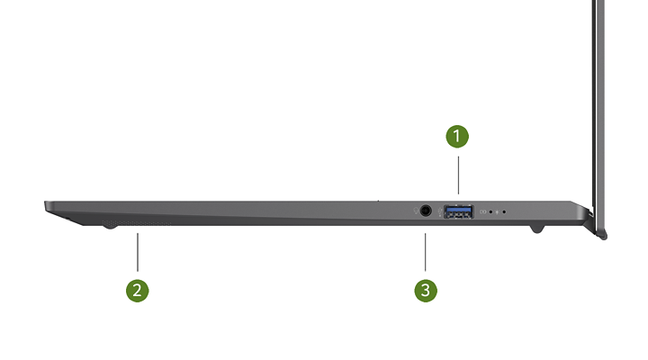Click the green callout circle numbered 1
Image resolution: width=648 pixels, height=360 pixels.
[457, 137]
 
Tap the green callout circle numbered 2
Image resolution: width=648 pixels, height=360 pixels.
[137, 291]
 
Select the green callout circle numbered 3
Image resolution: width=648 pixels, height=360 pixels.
[426, 291]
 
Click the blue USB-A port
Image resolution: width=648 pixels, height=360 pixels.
[459, 211]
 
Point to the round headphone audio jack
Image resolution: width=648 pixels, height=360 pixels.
[426, 211]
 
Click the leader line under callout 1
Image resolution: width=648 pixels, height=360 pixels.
[458, 175]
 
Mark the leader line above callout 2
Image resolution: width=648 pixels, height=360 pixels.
[138, 252]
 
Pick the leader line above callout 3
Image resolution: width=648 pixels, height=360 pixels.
[425, 252]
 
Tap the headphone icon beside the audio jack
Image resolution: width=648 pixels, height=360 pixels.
[416, 211]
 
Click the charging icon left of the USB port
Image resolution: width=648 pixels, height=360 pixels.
[440, 211]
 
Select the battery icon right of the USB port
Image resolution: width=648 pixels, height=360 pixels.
[482, 212]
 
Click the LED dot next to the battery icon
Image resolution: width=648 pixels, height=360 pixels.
[490, 212]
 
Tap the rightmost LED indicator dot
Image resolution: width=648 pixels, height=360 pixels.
[504, 212]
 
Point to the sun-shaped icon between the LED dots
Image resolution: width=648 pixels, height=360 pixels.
[497, 212]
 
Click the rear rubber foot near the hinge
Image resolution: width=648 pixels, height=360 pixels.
[536, 229]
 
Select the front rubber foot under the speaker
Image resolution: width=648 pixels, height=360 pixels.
[110, 226]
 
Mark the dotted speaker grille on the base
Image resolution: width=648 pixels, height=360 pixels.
[137, 223]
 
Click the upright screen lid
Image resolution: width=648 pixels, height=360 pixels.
[598, 116]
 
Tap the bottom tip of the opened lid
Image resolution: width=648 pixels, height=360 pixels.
[604, 238]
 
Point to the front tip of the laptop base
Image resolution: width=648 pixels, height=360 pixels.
[45, 203]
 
